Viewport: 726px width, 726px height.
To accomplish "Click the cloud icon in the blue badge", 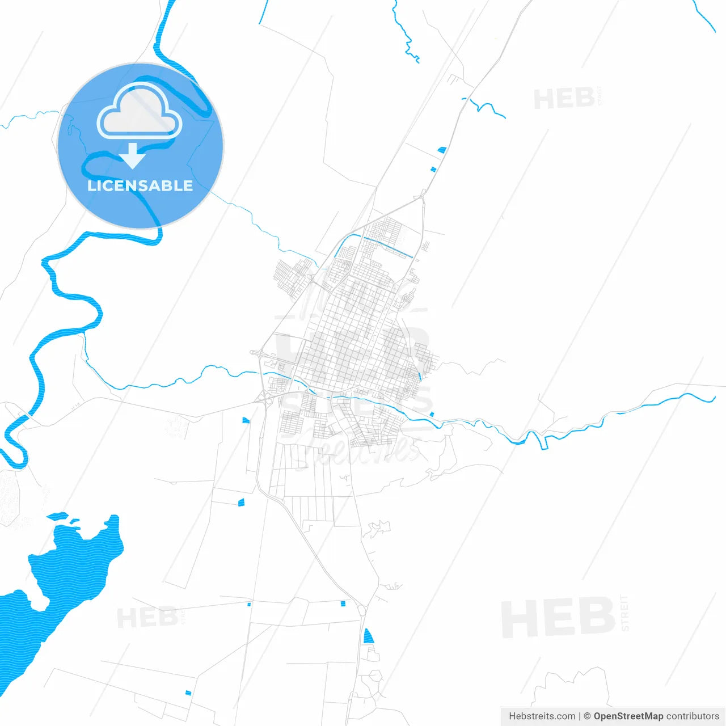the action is (140, 111).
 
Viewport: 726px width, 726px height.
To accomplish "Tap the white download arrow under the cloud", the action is (133, 155).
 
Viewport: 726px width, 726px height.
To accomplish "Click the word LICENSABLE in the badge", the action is (140, 185).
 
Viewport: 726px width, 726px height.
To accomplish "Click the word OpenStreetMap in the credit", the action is (628, 716).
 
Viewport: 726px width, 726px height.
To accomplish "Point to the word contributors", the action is (693, 716).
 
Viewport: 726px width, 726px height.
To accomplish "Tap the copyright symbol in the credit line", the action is (587, 716).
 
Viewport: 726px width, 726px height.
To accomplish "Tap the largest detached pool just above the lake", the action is (57, 516).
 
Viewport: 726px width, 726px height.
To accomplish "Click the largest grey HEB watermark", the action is (558, 617).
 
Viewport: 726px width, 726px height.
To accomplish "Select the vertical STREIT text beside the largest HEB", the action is (624, 613).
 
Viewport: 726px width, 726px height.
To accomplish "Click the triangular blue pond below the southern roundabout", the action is (368, 636).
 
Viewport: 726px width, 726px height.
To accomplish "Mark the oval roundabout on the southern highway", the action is (362, 610).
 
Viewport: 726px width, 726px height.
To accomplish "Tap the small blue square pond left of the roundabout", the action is (343, 603).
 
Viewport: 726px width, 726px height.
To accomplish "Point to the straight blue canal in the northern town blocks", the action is (387, 247).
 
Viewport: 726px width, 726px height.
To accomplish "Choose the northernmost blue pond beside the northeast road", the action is (442, 150).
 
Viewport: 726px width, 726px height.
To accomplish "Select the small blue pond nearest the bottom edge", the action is (188, 693).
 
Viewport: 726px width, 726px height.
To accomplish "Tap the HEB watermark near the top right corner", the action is (564, 99).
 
